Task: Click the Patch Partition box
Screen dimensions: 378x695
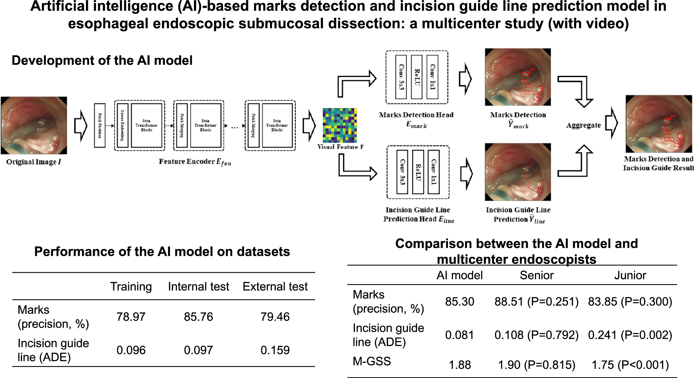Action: pyautogui.click(x=100, y=126)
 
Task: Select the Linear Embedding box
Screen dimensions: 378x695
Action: pyautogui.click(x=122, y=126)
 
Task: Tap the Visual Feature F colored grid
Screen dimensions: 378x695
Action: pyautogui.click(x=340, y=125)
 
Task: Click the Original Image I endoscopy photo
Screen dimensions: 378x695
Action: pyautogui.click(x=34, y=125)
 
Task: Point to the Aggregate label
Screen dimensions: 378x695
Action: pyautogui.click(x=583, y=125)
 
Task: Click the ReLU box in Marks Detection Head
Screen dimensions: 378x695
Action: pyautogui.click(x=417, y=77)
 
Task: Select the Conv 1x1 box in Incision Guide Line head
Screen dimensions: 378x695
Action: pyautogui.click(x=434, y=172)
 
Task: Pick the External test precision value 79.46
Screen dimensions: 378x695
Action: pyautogui.click(x=275, y=317)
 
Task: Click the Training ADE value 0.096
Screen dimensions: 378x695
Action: pyautogui.click(x=131, y=350)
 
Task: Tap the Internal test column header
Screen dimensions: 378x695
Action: pyautogui.click(x=198, y=286)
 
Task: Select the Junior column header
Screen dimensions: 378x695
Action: pyautogui.click(x=630, y=275)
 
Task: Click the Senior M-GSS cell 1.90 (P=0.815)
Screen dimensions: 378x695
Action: pyautogui.click(x=537, y=365)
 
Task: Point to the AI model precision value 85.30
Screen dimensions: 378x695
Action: pyautogui.click(x=460, y=302)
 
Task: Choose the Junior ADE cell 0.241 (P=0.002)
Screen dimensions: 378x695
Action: pyautogui.click(x=630, y=335)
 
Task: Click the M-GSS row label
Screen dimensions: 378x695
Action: pyautogui.click(x=372, y=361)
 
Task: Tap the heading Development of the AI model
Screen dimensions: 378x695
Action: pyautogui.click(x=102, y=60)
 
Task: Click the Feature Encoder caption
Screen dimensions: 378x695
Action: pyautogui.click(x=195, y=162)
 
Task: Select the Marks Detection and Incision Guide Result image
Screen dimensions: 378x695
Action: pyautogui.click(x=659, y=124)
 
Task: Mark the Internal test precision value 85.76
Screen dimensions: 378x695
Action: pyautogui.click(x=198, y=317)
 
